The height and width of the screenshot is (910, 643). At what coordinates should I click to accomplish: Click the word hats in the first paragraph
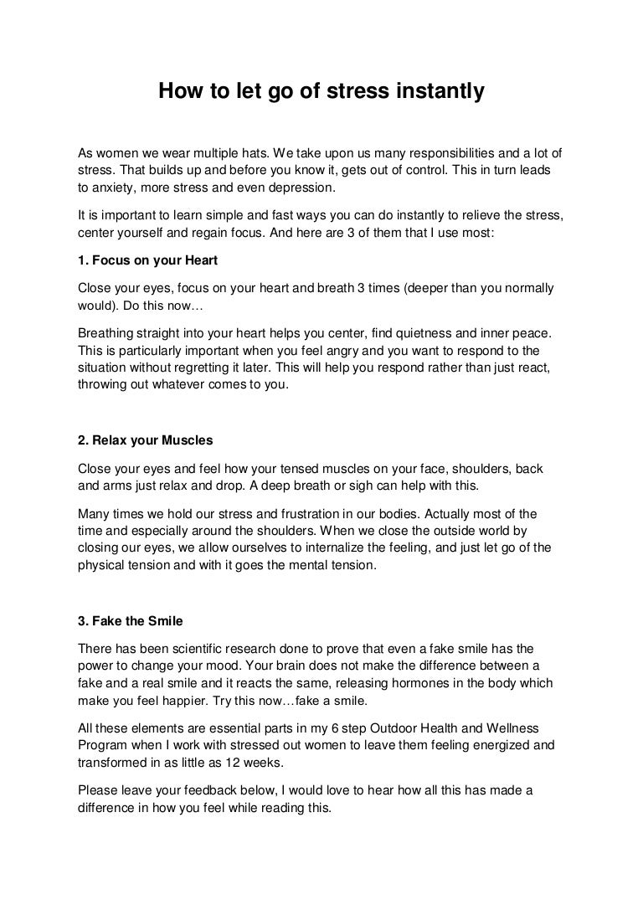251,153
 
